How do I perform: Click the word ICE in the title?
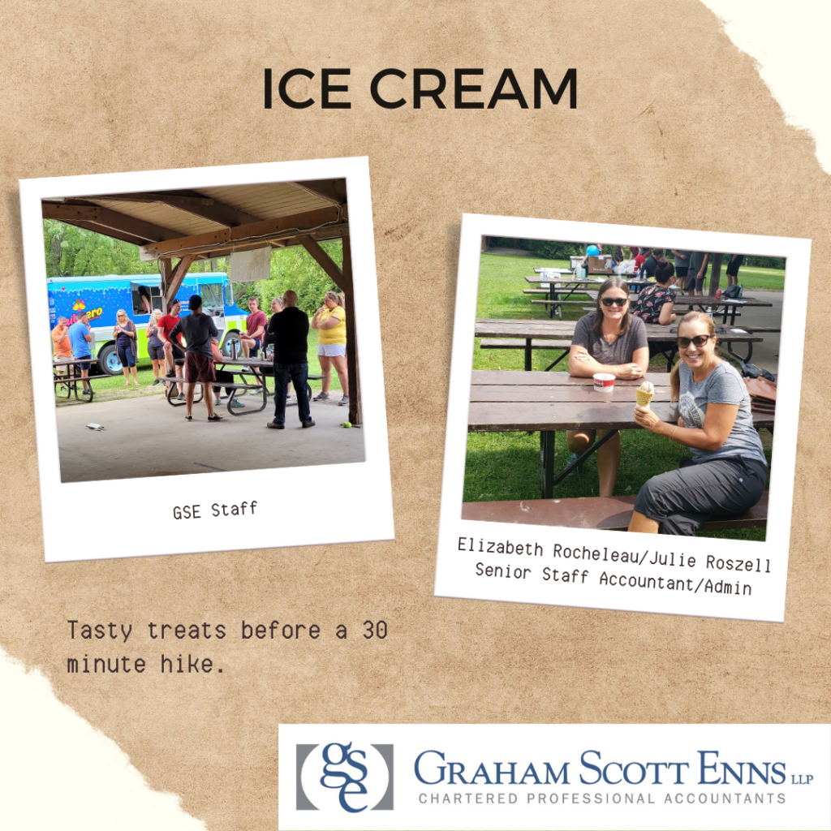(x=306, y=88)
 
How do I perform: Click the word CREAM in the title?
(x=473, y=88)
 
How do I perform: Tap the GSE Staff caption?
(x=214, y=510)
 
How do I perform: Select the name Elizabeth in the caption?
(x=500, y=548)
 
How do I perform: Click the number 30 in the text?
(x=375, y=630)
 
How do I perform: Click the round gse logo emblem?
(x=344, y=777)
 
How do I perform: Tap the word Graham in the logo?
(x=491, y=769)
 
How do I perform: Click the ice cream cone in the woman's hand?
(x=644, y=394)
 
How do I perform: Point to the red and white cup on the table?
(x=604, y=381)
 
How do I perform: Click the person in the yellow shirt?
(x=331, y=344)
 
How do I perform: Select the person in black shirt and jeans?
(x=290, y=359)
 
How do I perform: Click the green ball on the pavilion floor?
(x=347, y=424)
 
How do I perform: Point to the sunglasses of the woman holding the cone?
(x=693, y=341)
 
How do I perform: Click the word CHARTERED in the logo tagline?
(x=468, y=799)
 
